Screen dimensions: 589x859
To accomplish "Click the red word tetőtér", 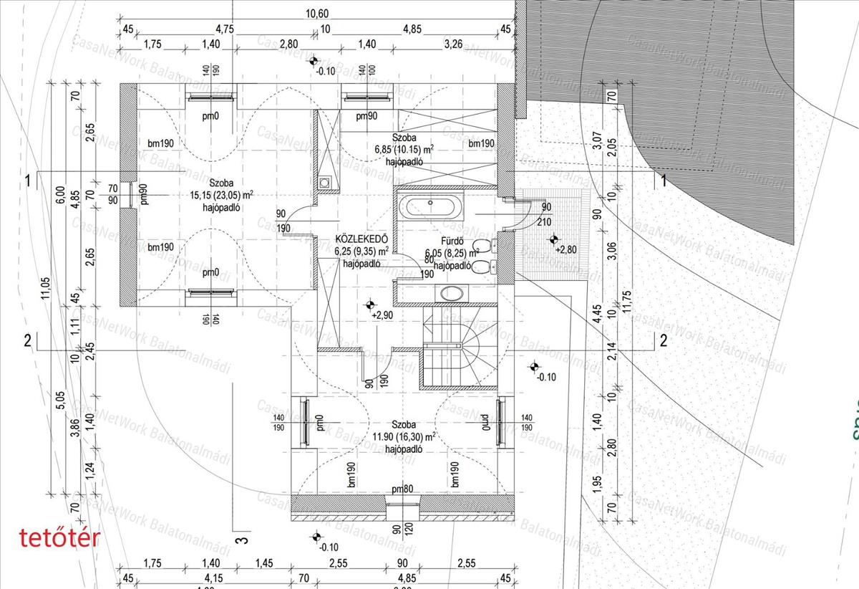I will click(x=59, y=537).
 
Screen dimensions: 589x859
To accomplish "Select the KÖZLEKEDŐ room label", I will click(x=361, y=239).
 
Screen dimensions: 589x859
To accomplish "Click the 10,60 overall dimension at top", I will click(x=318, y=13).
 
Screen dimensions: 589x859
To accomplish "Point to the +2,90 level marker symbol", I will click(x=369, y=304).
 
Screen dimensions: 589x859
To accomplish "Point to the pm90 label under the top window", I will click(x=367, y=116).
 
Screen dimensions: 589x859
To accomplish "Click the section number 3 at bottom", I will click(x=241, y=540).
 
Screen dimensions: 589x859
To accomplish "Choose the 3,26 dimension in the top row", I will click(x=453, y=44).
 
